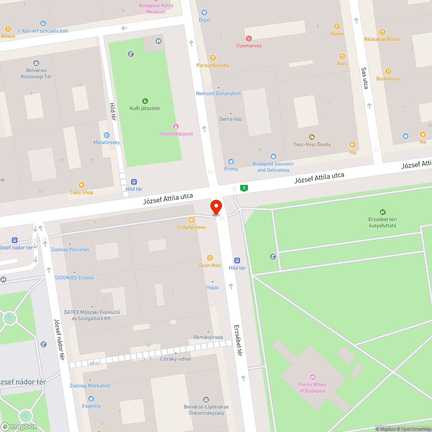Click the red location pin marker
click(216, 206)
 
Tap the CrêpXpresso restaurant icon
click(191, 220)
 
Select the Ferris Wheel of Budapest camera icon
click(313, 377)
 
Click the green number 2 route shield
click(245, 188)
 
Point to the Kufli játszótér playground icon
click(145, 101)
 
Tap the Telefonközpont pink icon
click(175, 126)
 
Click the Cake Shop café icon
click(81, 185)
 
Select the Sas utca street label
click(365, 78)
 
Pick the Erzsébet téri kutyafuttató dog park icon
click(382, 212)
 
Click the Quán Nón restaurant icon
click(210, 258)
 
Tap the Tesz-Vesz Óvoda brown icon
click(312, 137)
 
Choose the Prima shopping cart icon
click(231, 162)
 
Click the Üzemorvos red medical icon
click(248, 38)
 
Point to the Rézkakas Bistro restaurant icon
click(382, 32)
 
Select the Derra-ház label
click(231, 119)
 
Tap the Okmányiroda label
click(208, 337)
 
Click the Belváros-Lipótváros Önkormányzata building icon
click(206, 400)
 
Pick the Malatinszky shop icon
click(107, 135)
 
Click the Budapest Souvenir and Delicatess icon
click(273, 156)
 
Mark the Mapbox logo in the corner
click(19, 426)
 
